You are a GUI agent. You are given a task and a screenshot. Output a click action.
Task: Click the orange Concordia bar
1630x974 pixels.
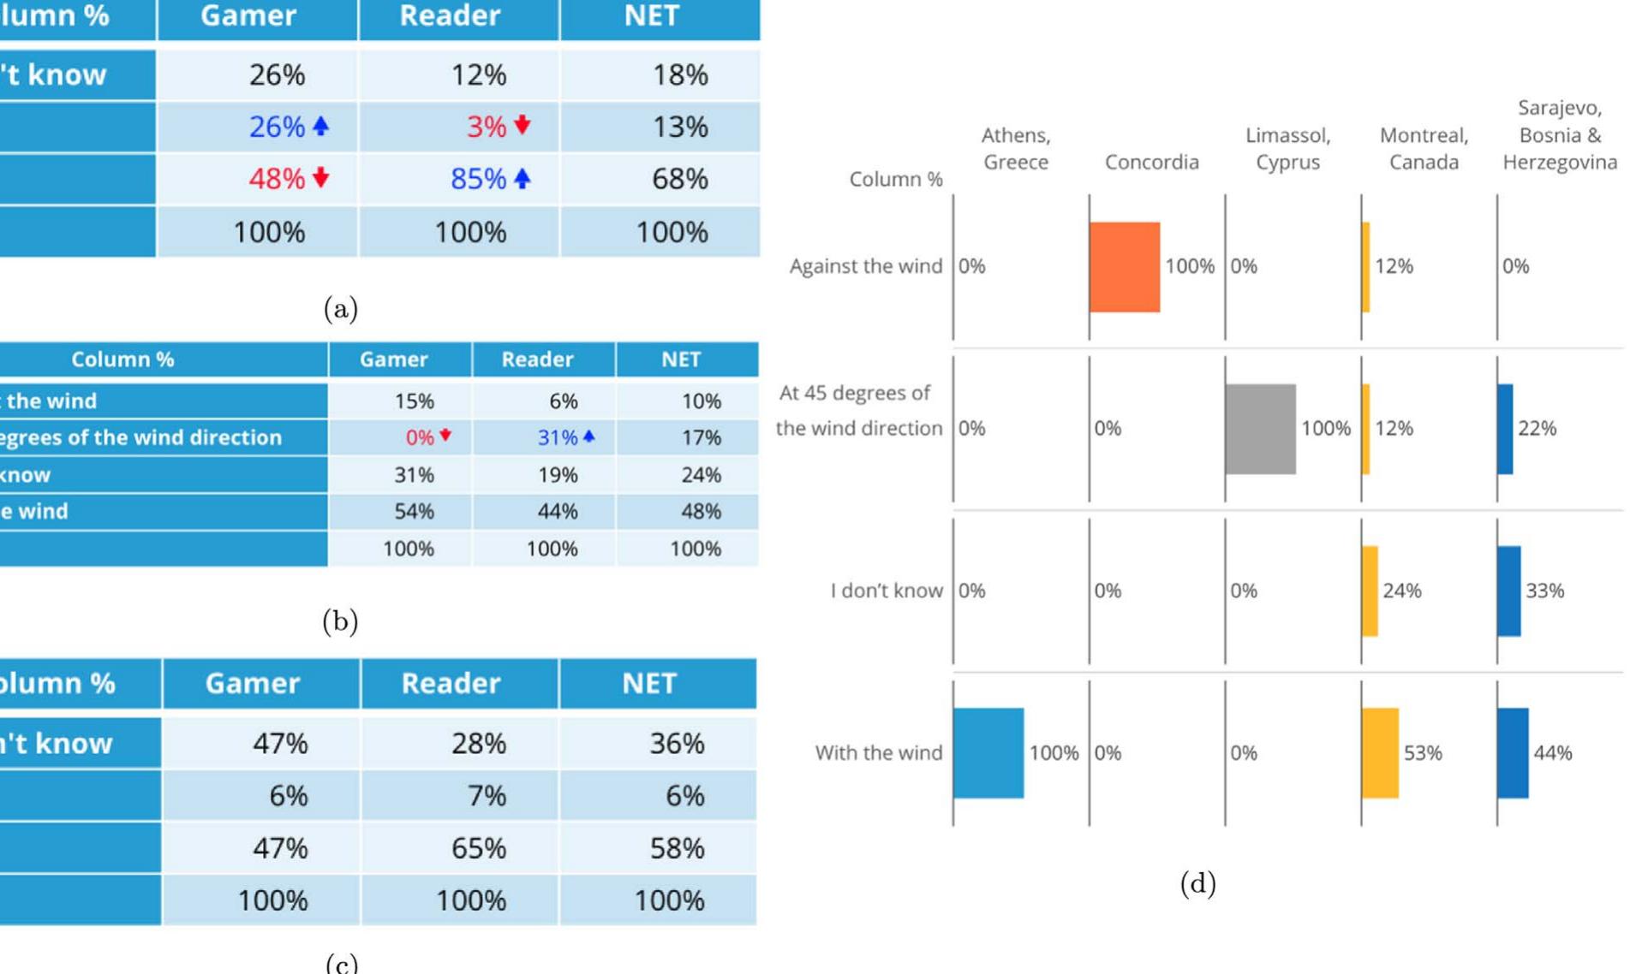coord(1124,267)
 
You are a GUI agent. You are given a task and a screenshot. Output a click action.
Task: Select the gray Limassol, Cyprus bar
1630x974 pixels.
coord(1260,429)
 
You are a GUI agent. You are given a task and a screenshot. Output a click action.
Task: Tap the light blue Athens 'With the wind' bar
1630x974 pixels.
coord(988,753)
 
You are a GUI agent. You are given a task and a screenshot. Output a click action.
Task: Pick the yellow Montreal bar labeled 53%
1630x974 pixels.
coord(1379,753)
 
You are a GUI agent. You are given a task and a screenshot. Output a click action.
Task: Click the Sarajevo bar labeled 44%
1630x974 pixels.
coord(1513,753)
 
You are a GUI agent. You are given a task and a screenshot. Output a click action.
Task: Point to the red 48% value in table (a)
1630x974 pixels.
coord(277,179)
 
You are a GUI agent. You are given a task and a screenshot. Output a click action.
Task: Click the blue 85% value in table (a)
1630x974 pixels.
coord(478,179)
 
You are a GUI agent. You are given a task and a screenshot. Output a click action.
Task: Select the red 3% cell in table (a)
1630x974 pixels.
coord(487,127)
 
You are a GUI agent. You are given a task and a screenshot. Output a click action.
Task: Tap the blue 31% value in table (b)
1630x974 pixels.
coord(557,437)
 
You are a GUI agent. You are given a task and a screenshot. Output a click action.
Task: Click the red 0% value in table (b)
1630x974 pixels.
coord(420,437)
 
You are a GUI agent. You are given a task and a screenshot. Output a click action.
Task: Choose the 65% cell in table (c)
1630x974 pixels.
coord(478,848)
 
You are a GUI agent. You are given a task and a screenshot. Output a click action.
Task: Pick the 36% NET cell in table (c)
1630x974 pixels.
coord(677,743)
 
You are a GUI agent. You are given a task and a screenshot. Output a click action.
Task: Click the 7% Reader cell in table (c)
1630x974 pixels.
coord(487,796)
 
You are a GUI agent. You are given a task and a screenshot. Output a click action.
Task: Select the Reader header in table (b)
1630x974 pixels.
coord(537,359)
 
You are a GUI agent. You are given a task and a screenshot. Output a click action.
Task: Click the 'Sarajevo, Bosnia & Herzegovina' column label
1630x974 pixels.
coord(1559,135)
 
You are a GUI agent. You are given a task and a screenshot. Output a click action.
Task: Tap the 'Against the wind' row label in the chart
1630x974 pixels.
coord(865,266)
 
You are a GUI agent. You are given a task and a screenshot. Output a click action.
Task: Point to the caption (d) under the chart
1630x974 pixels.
coord(1197,883)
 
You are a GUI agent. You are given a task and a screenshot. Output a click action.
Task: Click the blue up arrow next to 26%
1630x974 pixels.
coord(321,127)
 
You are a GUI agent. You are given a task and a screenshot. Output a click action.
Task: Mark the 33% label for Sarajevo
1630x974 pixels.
coord(1544,591)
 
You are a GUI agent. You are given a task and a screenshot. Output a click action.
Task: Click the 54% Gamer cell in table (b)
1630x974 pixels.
coord(414,512)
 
